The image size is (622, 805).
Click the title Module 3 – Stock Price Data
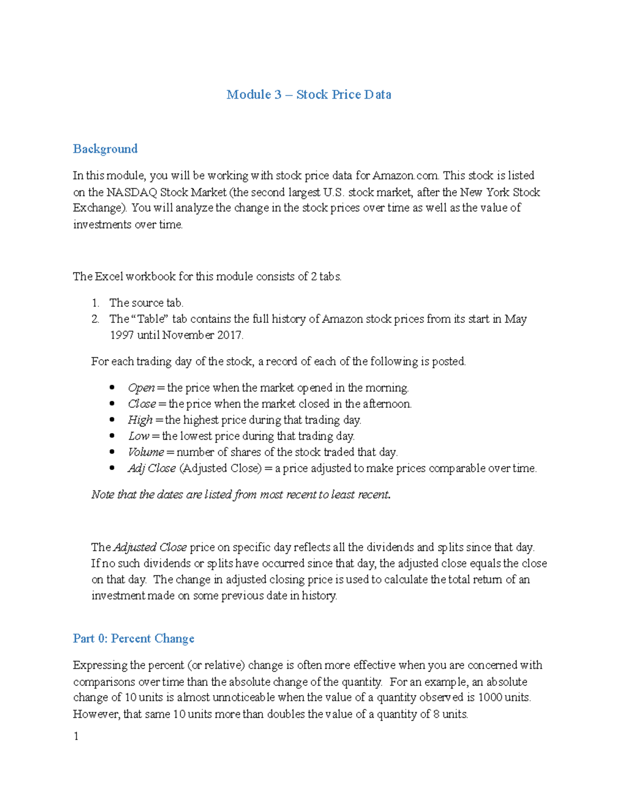coord(308,95)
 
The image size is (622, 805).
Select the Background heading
coord(105,149)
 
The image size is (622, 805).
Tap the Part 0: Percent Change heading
coord(133,639)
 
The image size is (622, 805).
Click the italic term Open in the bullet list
coord(141,388)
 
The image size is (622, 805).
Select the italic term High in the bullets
coord(140,420)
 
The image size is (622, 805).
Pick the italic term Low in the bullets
coord(138,436)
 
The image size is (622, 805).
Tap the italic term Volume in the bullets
coord(146,452)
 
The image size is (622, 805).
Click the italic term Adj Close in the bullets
coord(151,468)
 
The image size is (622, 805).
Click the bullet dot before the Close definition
coord(112,404)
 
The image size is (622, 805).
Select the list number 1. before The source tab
coord(95,303)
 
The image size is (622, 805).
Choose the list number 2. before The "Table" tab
coord(95,319)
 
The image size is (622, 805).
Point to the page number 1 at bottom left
coord(76,737)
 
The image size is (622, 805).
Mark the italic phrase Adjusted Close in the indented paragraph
coord(150,547)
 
